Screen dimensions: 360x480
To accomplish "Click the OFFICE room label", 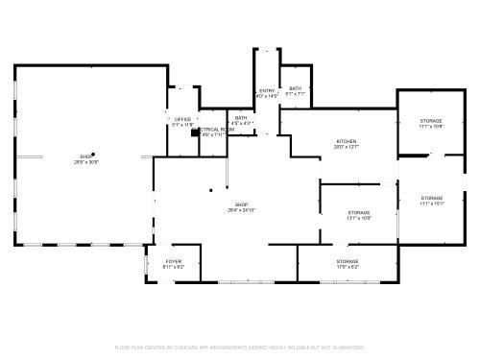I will click(x=181, y=119).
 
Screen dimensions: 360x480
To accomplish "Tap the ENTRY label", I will click(x=266, y=90).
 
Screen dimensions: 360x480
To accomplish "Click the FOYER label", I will click(x=173, y=261).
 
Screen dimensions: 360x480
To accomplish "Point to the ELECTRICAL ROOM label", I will click(x=213, y=129).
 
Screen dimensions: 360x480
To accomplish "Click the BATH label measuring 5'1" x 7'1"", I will click(x=295, y=88).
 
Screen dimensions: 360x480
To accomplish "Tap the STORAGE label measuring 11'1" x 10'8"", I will click(x=431, y=120).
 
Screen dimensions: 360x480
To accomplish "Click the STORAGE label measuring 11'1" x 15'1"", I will click(x=431, y=198).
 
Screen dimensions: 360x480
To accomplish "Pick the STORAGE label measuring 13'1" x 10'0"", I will click(x=359, y=212).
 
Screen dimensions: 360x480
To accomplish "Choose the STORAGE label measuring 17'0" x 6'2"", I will click(x=348, y=261).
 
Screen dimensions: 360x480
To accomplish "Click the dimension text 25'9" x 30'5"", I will click(x=86, y=161).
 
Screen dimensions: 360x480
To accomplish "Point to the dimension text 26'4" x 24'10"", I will click(x=241, y=210).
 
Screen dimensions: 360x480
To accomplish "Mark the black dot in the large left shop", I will click(x=93, y=154).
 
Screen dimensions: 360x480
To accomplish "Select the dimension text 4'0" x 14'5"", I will click(x=266, y=96).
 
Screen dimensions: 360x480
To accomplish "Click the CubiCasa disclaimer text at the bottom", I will click(x=239, y=347).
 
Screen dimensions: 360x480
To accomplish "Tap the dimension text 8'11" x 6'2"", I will click(x=173, y=267).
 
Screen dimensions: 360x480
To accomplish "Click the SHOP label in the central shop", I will click(x=241, y=204).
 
